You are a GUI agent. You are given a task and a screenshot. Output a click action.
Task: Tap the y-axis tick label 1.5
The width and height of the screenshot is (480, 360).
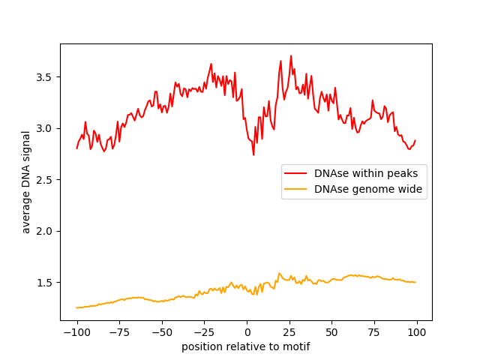click(x=46, y=282)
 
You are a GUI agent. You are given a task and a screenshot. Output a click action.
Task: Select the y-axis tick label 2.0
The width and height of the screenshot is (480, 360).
click(x=46, y=231)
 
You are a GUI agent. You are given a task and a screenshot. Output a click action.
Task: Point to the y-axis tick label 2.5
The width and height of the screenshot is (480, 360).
click(x=46, y=180)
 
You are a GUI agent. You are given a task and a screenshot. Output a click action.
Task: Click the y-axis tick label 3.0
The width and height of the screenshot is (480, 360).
click(x=46, y=128)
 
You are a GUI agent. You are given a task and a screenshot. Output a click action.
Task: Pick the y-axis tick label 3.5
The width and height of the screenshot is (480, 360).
click(x=46, y=77)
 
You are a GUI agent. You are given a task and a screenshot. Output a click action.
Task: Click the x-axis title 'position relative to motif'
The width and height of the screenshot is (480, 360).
click(x=246, y=346)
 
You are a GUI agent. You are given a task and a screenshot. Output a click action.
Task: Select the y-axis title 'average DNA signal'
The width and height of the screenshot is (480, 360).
click(x=26, y=182)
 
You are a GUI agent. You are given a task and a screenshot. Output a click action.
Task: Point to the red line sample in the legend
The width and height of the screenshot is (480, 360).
click(x=296, y=173)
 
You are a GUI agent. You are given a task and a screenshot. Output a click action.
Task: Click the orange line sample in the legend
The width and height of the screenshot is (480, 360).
click(x=296, y=189)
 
